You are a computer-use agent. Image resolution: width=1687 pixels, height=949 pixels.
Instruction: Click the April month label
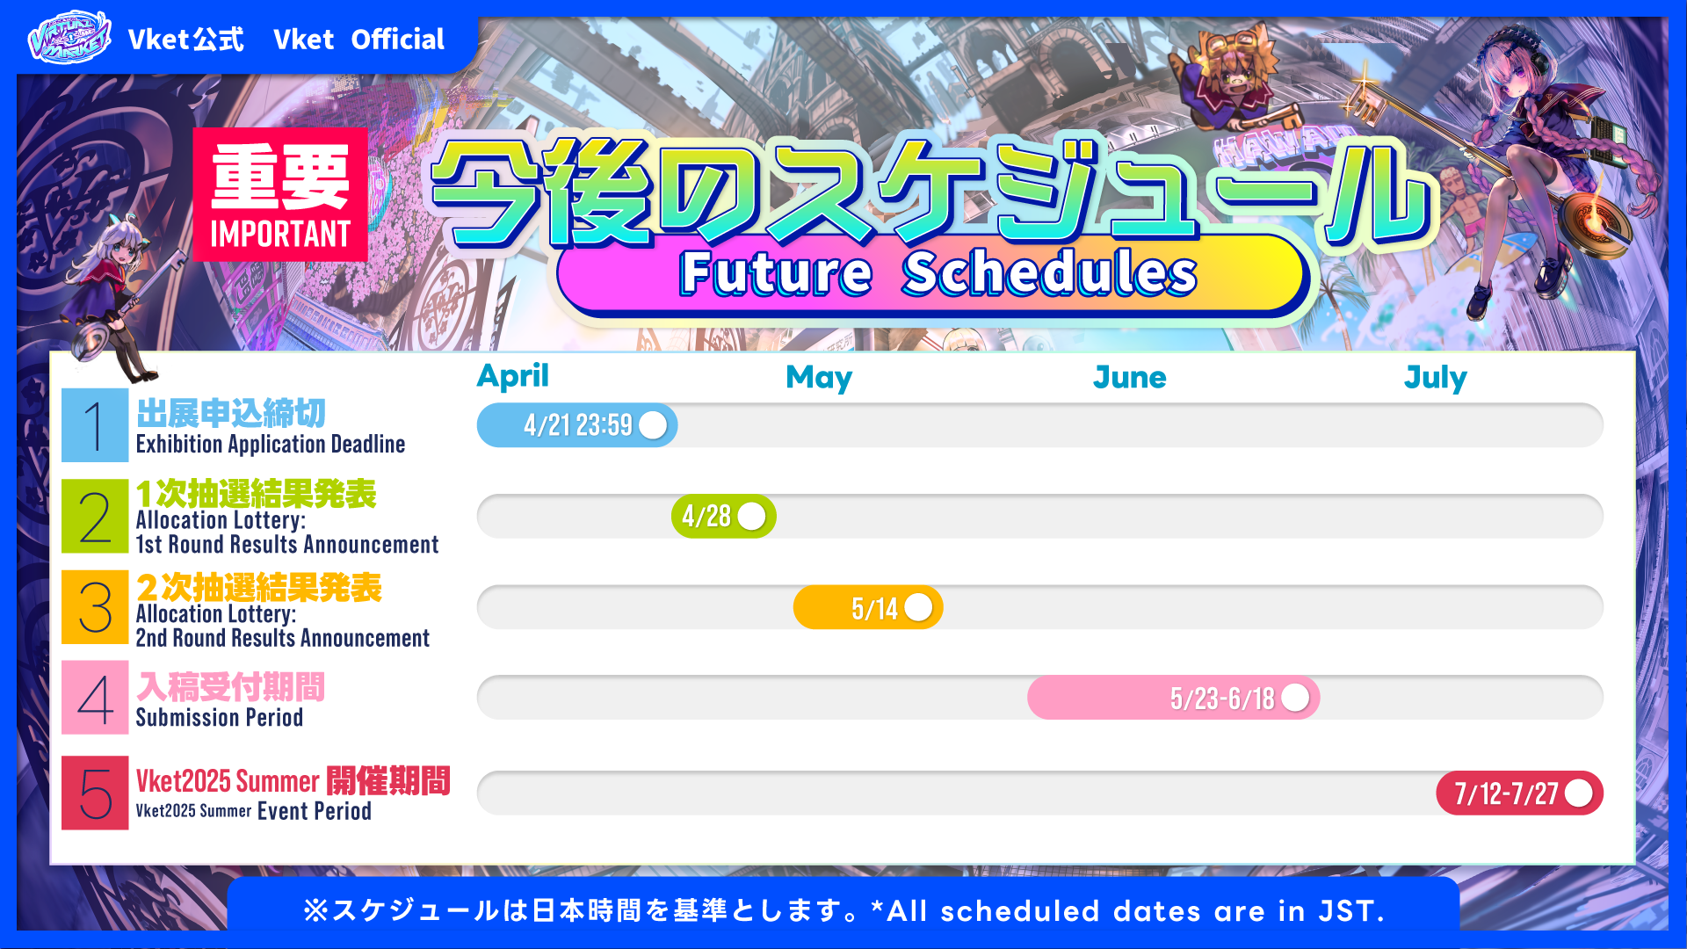[512, 376]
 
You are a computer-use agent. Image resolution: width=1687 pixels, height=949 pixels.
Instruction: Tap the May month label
[819, 378]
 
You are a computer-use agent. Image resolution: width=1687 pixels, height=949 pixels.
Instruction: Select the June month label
[1129, 378]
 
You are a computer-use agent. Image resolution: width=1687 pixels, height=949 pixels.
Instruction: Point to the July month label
[1436, 378]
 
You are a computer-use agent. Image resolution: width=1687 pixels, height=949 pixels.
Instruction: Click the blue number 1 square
[95, 425]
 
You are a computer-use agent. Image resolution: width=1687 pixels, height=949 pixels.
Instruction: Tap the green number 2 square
[95, 516]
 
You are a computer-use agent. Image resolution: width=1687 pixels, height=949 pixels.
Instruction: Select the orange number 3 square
[95, 607]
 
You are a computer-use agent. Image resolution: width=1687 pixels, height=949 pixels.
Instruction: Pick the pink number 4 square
[95, 698]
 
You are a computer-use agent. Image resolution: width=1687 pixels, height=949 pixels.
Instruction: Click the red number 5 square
[95, 793]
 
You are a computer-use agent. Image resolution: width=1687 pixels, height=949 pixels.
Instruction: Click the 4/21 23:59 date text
[578, 425]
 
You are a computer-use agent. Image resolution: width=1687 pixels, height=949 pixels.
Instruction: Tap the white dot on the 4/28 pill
[751, 517]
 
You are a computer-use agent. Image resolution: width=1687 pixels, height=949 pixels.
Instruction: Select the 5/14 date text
[874, 608]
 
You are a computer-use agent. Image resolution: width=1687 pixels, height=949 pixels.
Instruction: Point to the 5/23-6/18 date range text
[1222, 699]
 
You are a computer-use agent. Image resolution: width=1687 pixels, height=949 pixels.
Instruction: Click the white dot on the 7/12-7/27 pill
[1578, 793]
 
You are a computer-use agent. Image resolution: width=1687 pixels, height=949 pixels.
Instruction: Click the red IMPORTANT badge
[280, 194]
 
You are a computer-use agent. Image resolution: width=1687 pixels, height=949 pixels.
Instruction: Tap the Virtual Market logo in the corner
[69, 38]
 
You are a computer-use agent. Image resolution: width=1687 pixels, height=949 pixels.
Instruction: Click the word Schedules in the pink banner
[1050, 272]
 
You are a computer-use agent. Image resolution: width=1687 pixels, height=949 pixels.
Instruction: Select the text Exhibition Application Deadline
[271, 445]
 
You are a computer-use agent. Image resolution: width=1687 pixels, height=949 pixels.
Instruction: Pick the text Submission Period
[220, 718]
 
